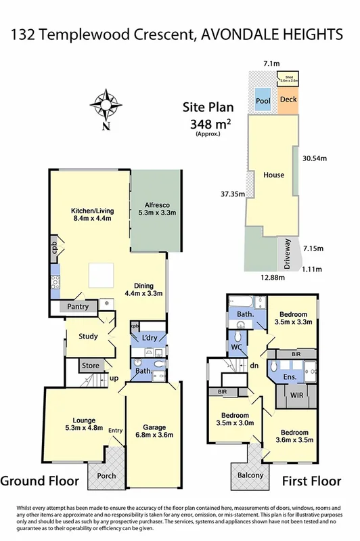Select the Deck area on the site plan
click(288, 100)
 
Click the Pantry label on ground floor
click(78, 307)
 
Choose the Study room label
click(88, 337)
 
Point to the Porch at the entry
click(106, 475)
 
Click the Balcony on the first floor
click(250, 475)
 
